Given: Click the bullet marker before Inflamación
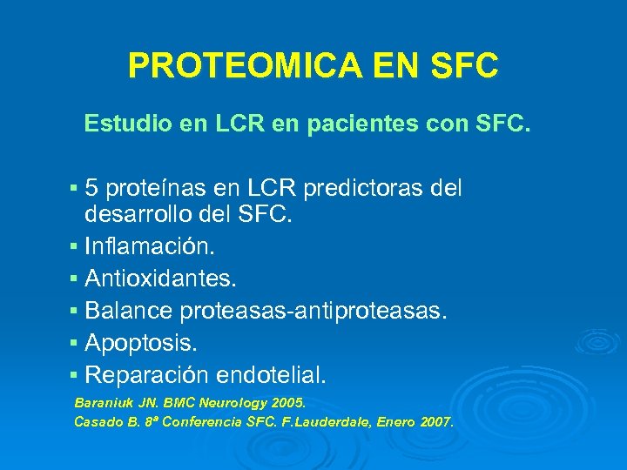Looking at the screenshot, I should click(x=74, y=248).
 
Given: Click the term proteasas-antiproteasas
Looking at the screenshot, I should click(x=313, y=311).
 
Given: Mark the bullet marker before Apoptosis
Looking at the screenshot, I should click(x=74, y=343).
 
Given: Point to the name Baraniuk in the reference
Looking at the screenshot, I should click(x=102, y=405).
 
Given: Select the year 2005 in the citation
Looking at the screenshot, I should click(x=287, y=405).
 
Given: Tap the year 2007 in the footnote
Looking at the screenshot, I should click(x=435, y=422).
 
